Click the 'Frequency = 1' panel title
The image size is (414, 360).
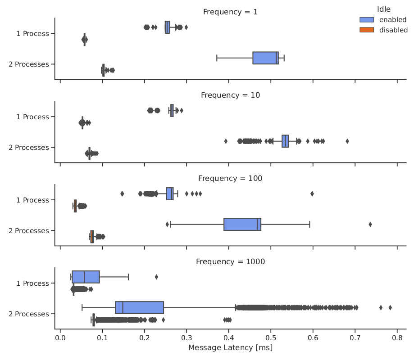230,12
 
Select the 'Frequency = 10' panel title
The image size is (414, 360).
230,95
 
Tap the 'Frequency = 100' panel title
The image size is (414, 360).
230,178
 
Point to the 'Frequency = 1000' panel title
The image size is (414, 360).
230,261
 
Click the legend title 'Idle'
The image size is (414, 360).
383,9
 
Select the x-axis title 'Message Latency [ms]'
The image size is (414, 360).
230,348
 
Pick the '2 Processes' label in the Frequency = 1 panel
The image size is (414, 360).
29,64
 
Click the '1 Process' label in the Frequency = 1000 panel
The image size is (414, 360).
33,283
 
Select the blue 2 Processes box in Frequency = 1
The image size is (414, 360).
265,58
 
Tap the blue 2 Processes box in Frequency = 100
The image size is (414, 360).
242,224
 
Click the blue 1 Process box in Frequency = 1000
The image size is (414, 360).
86,277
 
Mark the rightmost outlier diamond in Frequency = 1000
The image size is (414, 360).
390,307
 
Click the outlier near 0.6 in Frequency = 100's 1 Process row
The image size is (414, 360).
312,193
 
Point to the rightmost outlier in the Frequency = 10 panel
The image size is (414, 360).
347,141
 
